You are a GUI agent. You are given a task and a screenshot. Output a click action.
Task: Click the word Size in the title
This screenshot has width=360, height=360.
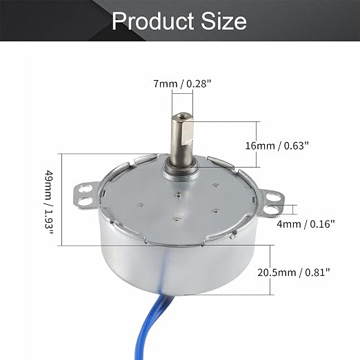click(224, 21)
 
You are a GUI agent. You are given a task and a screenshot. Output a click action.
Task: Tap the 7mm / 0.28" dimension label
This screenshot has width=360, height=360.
click(182, 83)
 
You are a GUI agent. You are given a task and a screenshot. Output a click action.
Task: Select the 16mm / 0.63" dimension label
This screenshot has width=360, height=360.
click(277, 146)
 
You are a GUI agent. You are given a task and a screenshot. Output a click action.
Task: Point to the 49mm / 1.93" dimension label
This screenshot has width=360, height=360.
click(49, 202)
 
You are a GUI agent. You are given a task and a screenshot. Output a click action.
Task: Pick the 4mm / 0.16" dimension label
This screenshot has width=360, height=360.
click(306, 223)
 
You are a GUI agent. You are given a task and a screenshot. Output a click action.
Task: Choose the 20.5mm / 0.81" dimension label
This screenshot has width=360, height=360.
click(294, 272)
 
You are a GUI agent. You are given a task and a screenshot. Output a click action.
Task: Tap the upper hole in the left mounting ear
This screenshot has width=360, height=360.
click(84, 189)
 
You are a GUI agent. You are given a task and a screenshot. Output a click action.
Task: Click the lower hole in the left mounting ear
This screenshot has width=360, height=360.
click(84, 201)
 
